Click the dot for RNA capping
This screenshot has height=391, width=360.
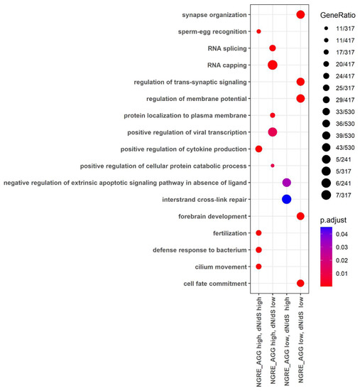coord(272,65)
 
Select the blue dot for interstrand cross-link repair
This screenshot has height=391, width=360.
coord(286,199)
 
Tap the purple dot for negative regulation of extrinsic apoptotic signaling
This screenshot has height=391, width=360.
coord(286,182)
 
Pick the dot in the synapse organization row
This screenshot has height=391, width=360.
coord(300,15)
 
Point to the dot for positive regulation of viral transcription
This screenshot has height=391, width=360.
coord(272,132)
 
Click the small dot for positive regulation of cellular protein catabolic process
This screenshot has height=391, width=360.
coord(272,166)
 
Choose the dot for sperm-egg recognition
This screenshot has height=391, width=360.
coord(258,31)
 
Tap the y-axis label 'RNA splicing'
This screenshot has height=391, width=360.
coord(227,48)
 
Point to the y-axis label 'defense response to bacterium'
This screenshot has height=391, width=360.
coord(200,250)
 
